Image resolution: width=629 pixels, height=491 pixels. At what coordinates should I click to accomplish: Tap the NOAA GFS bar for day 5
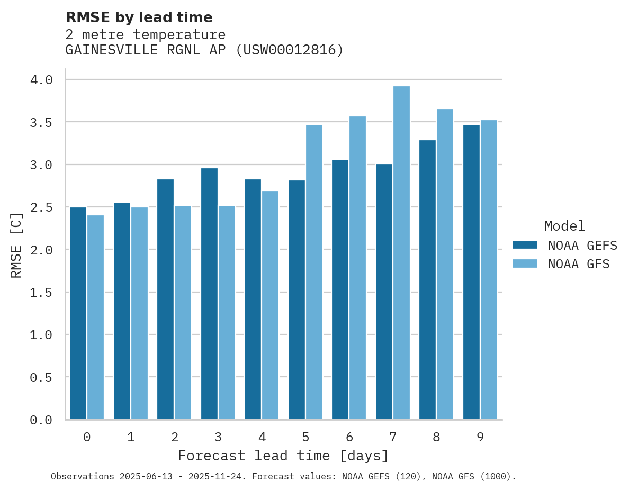click(x=314, y=272)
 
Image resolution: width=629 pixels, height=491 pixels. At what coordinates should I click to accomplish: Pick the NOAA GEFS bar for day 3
click(x=209, y=294)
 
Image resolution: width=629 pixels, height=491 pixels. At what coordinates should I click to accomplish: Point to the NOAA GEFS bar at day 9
click(x=471, y=272)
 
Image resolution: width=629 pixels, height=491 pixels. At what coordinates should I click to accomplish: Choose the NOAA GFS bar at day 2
click(x=183, y=312)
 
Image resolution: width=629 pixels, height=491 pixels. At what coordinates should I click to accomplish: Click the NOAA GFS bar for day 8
click(x=445, y=264)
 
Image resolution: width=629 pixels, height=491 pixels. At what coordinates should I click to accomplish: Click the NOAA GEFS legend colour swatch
click(x=525, y=245)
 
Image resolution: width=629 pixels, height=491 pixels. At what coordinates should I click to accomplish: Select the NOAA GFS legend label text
click(x=579, y=264)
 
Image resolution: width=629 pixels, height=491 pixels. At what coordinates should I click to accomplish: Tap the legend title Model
click(x=564, y=226)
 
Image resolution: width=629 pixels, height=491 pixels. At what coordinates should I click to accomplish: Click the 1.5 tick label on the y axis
click(x=41, y=292)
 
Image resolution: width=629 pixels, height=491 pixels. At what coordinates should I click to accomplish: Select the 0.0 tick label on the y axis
click(x=41, y=420)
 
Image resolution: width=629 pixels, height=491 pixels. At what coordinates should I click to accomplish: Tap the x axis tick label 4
click(x=262, y=437)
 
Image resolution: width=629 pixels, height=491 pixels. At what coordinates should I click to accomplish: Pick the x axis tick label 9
click(x=480, y=437)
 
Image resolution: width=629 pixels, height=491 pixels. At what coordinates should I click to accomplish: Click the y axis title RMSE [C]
click(x=16, y=245)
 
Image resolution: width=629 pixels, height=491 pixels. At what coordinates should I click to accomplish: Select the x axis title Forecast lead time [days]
click(x=283, y=456)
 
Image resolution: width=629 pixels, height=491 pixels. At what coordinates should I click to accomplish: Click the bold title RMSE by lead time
click(x=139, y=17)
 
